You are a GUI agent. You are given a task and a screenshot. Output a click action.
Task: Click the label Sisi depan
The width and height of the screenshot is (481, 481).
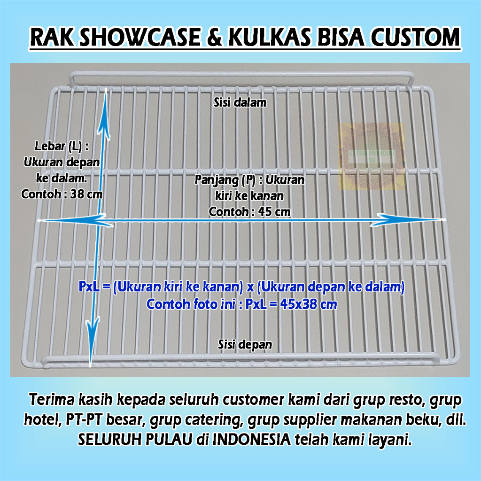(x=245, y=344)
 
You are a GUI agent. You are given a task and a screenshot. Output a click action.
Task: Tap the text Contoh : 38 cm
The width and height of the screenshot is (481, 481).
(x=62, y=194)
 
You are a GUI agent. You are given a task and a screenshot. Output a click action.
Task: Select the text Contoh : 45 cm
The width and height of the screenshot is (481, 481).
(x=249, y=212)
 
